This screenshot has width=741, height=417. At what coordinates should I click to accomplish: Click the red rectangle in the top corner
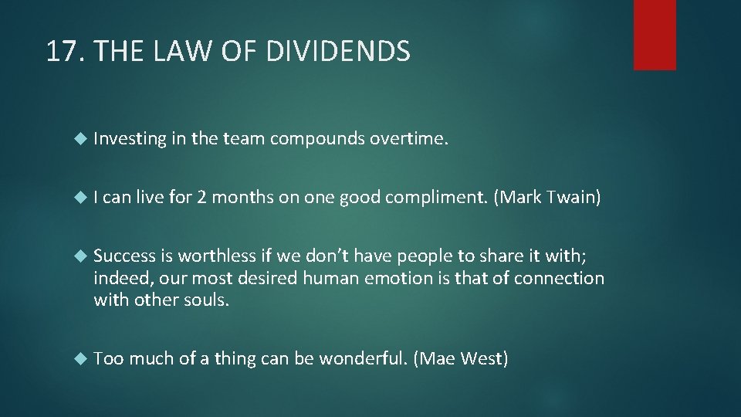[655, 35]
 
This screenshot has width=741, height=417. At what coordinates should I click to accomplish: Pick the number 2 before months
[201, 198]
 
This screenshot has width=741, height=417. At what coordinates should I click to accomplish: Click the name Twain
[574, 198]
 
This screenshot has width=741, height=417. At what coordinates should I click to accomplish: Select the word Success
[125, 256]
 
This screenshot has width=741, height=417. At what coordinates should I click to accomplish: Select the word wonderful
[361, 358]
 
